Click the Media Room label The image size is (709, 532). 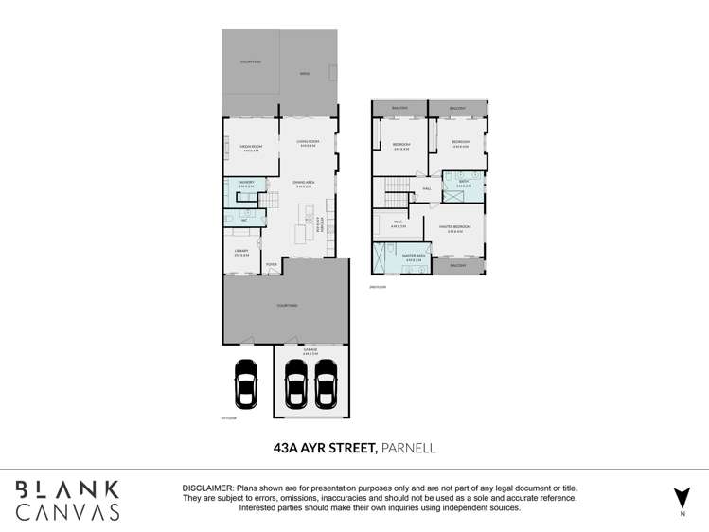[x=251, y=148]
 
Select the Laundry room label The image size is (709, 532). [x=246, y=184]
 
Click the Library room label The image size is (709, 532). [x=241, y=252]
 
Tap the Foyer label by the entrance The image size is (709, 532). [x=272, y=264]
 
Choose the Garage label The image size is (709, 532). [x=310, y=349]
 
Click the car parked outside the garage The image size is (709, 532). [x=246, y=386]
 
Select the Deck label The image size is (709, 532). [x=305, y=73]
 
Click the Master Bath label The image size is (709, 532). [x=412, y=256]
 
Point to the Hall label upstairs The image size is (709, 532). [x=427, y=188]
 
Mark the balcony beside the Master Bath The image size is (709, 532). [x=458, y=266]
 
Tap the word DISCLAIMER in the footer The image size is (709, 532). [x=207, y=487]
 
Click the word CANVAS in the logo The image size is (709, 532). [x=67, y=511]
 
